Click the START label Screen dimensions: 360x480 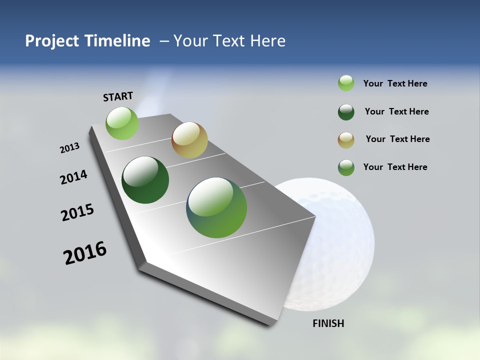(x=118, y=96)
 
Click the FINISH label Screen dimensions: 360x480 (x=328, y=323)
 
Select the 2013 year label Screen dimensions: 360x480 (x=70, y=148)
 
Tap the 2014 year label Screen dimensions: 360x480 (x=74, y=177)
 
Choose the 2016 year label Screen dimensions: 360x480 (x=85, y=253)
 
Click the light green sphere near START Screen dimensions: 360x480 (x=122, y=123)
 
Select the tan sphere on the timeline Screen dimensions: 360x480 (x=189, y=140)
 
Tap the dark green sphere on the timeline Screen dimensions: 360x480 (x=145, y=180)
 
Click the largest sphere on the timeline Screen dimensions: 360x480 (x=216, y=207)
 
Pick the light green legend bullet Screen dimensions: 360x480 (x=346, y=83)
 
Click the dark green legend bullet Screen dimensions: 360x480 (x=346, y=112)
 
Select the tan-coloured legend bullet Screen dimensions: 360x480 (x=346, y=139)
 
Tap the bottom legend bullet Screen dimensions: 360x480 (x=346, y=167)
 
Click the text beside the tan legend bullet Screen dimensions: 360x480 (x=397, y=139)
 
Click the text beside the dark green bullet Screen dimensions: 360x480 (x=396, y=111)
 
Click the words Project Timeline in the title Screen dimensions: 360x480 (x=87, y=41)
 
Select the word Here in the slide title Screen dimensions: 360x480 (x=267, y=41)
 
